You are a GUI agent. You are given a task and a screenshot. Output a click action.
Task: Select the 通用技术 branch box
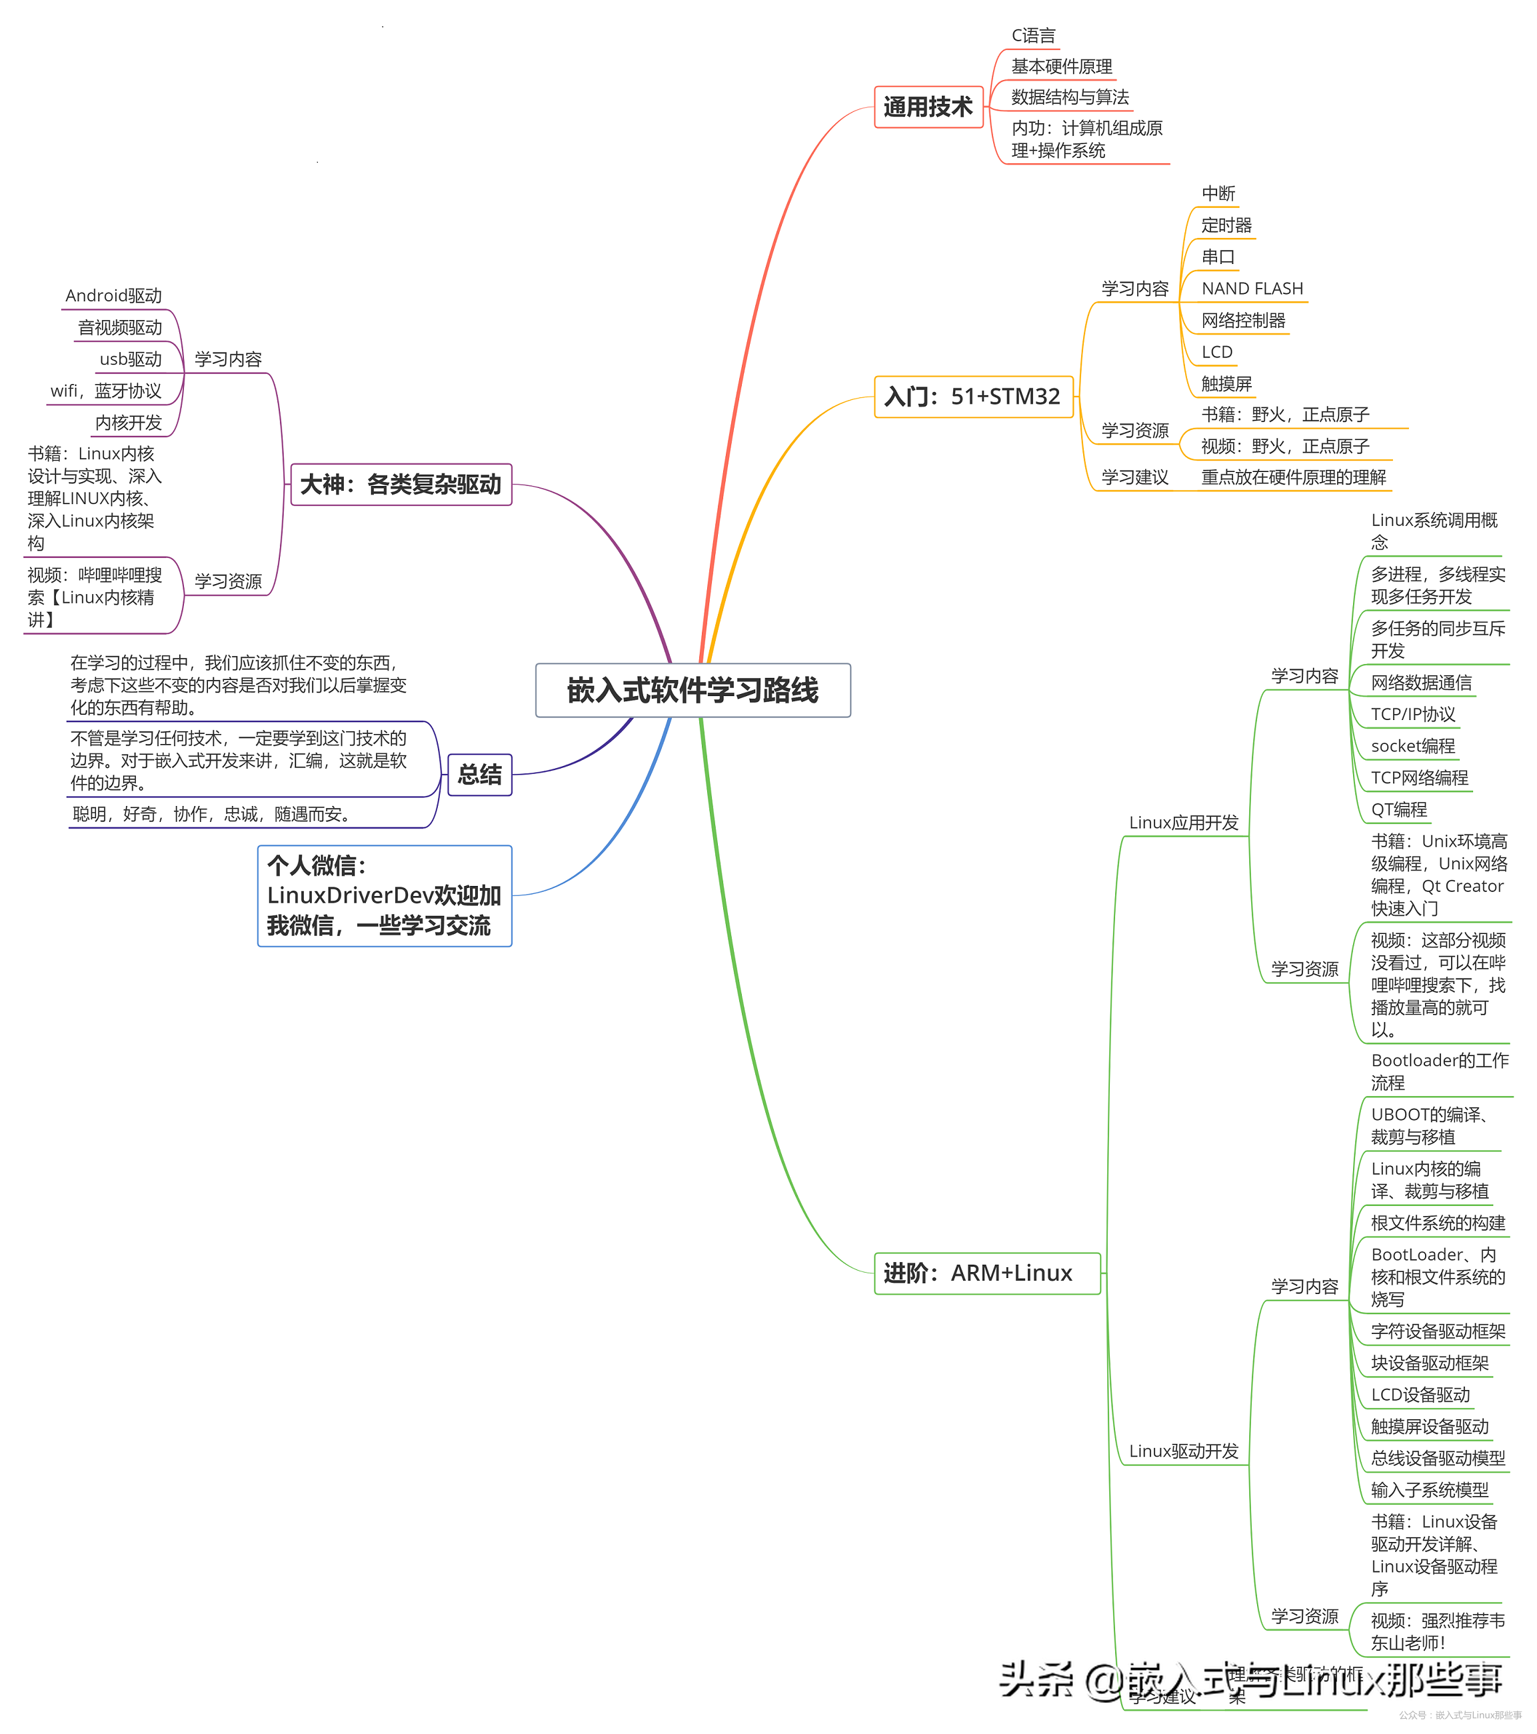point(928,107)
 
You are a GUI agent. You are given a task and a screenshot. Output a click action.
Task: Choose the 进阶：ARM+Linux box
point(986,1273)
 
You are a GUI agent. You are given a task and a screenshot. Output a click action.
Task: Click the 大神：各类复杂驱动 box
point(401,485)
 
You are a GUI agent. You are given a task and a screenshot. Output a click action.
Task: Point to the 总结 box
point(479,775)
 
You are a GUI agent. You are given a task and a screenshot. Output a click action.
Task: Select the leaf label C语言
point(1032,35)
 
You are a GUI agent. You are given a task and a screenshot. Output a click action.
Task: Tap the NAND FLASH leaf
point(1251,289)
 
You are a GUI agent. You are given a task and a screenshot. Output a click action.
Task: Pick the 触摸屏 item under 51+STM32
point(1226,383)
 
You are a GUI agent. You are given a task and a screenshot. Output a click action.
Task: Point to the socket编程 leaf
point(1412,746)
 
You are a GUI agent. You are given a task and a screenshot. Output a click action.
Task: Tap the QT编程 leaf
point(1399,809)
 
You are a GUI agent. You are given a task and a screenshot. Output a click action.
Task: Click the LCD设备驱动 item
point(1420,1395)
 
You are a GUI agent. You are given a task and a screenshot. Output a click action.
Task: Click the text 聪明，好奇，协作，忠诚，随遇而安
point(211,815)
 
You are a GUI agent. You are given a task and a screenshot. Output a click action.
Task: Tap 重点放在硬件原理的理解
point(1292,477)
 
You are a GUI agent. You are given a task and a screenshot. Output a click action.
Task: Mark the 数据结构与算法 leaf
point(1069,97)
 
